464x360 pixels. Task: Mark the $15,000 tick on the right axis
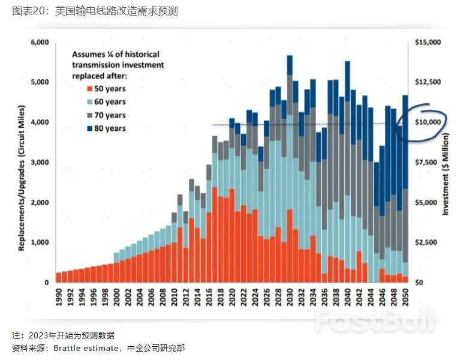tap(428, 43)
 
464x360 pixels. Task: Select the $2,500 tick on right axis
tap(426, 242)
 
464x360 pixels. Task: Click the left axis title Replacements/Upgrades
tap(21, 162)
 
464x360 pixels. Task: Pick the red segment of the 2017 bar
tap(215, 234)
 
